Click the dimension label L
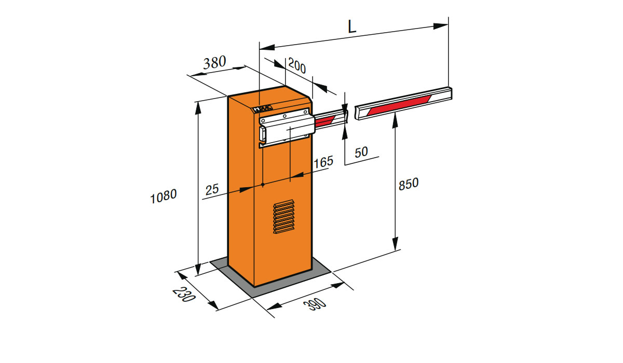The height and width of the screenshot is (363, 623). pyautogui.click(x=352, y=27)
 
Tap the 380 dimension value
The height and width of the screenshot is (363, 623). pyautogui.click(x=214, y=63)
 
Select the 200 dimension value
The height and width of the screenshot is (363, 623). pyautogui.click(x=297, y=65)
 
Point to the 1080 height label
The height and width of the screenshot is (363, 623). pyautogui.click(x=163, y=196)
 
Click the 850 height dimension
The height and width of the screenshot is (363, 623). pyautogui.click(x=408, y=184)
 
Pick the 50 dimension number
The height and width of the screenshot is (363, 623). pyautogui.click(x=361, y=152)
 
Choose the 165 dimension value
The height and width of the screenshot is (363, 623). pyautogui.click(x=323, y=162)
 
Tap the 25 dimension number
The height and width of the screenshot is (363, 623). pyautogui.click(x=212, y=189)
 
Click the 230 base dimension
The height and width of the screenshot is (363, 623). pyautogui.click(x=184, y=295)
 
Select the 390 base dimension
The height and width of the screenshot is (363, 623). pyautogui.click(x=315, y=304)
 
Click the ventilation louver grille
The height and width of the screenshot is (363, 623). pyautogui.click(x=283, y=216)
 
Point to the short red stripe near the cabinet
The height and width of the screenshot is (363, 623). pyautogui.click(x=324, y=120)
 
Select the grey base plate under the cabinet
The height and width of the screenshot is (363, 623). pyautogui.click(x=270, y=277)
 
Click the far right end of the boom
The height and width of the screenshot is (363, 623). pyautogui.click(x=451, y=93)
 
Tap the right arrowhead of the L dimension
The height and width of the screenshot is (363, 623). pyautogui.click(x=441, y=26)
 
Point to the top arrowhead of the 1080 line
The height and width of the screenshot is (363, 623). pyautogui.click(x=198, y=108)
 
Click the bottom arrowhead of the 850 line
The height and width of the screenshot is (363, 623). pyautogui.click(x=395, y=244)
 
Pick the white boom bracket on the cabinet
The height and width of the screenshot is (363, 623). pyautogui.click(x=287, y=127)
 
